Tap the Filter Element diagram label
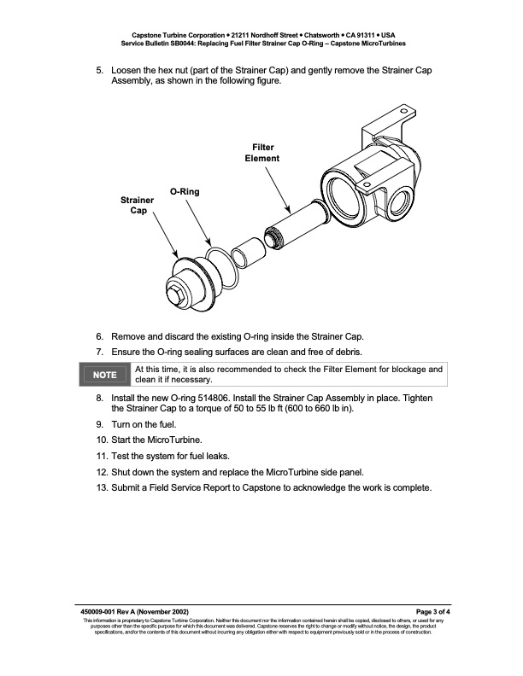[262, 153]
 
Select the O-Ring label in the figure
[185, 192]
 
